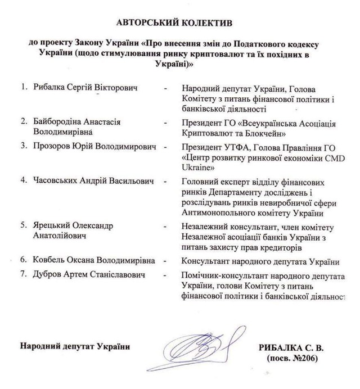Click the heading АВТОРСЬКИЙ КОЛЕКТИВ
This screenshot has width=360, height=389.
coord(179,23)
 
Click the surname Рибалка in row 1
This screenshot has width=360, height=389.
coord(50,88)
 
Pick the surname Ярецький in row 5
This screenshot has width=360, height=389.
coord(52,225)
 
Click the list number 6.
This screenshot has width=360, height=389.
coord(24,261)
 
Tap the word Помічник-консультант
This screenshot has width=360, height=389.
coord(229,275)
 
